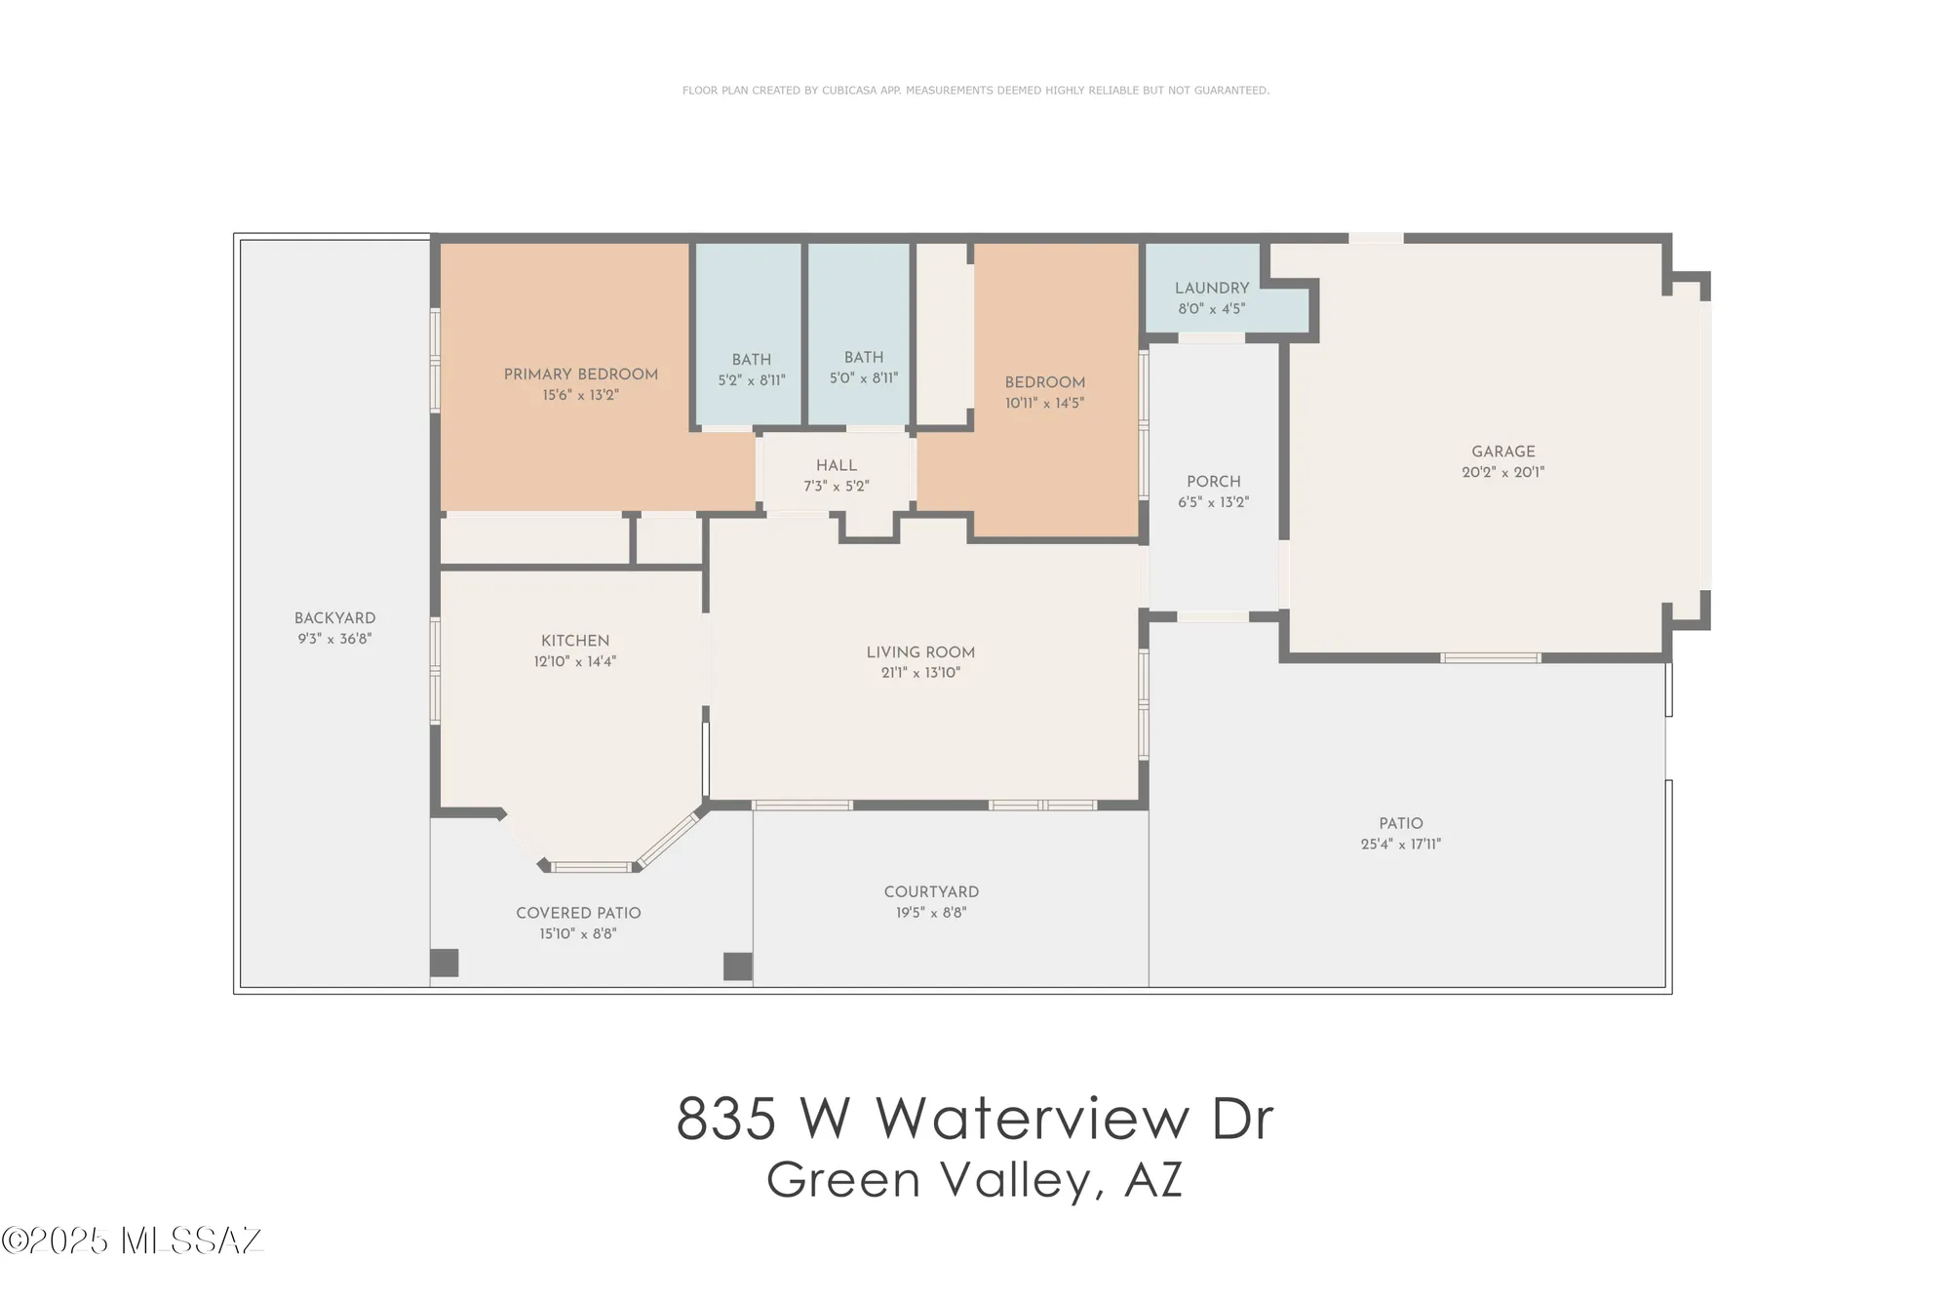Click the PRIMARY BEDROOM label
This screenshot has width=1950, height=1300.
coord(580,374)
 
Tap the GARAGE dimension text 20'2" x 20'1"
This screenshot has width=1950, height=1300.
coord(1502,472)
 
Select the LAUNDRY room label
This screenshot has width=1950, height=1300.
coord(1211,288)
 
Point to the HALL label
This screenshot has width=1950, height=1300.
coord(836,465)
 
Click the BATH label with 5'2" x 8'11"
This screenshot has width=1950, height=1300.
coord(751,360)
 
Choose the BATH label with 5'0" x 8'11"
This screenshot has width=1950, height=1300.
coord(863,358)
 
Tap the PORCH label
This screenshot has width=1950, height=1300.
coord(1213,481)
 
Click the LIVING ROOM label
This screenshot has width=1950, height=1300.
coord(920,651)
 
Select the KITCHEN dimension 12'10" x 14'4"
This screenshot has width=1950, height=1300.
coord(574,661)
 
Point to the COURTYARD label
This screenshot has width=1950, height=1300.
coord(931,891)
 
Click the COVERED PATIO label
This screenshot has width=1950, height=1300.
coord(578,913)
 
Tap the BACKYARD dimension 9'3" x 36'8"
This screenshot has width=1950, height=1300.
coord(334,639)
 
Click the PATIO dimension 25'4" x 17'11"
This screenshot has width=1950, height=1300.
coord(1400,845)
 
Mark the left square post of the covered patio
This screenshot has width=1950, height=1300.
coord(445,963)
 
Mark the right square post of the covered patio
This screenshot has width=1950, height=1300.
coord(737,965)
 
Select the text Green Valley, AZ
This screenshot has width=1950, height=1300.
coord(974,1180)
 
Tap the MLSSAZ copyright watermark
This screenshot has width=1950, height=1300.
coord(133,1240)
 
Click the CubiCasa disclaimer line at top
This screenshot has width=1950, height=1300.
coord(975,90)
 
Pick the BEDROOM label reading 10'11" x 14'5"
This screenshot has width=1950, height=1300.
coord(1044,382)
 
